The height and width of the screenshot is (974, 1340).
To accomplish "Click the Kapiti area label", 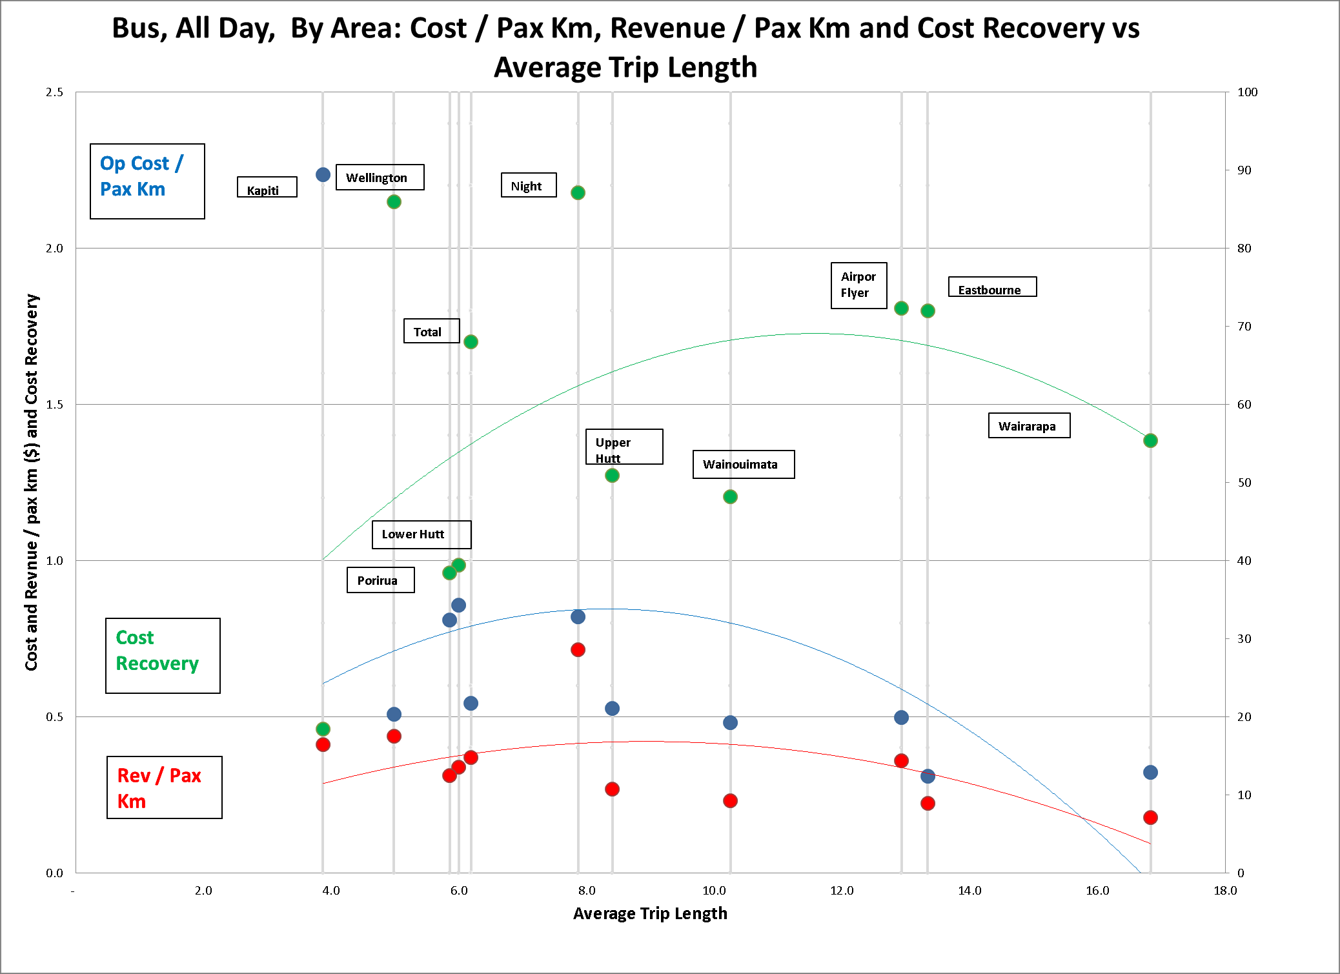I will (x=267, y=187).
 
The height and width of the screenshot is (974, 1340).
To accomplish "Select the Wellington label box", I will (x=380, y=178).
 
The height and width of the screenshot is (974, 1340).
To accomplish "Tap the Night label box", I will (x=528, y=185).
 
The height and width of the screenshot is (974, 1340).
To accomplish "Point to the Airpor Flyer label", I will (x=858, y=285).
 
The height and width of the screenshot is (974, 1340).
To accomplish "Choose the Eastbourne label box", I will (x=992, y=287).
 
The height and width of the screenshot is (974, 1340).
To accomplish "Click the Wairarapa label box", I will (x=1029, y=425).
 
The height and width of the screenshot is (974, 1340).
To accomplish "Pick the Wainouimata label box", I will (x=743, y=464).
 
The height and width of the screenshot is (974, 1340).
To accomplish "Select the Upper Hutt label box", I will (x=624, y=447).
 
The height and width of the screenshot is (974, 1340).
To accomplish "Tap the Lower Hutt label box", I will (x=421, y=534).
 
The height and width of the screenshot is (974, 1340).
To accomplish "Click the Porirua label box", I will (x=380, y=580).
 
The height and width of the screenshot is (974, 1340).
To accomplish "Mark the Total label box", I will (x=431, y=331).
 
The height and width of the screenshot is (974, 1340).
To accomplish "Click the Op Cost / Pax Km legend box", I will (x=147, y=181).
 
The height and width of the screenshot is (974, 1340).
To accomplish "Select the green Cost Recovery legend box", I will (x=163, y=656).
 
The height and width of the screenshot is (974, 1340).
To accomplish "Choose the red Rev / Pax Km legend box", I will (x=164, y=787).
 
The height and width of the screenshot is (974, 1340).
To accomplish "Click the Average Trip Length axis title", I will (x=650, y=913).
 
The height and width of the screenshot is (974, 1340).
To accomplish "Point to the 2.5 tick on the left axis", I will (x=54, y=92).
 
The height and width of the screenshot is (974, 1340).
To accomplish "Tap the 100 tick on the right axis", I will (x=1247, y=92).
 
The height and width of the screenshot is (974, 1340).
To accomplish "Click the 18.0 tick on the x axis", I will (x=1224, y=891).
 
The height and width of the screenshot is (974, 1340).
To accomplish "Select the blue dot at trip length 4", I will (x=323, y=175).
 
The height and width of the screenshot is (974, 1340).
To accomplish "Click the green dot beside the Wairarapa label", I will (x=1150, y=441).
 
